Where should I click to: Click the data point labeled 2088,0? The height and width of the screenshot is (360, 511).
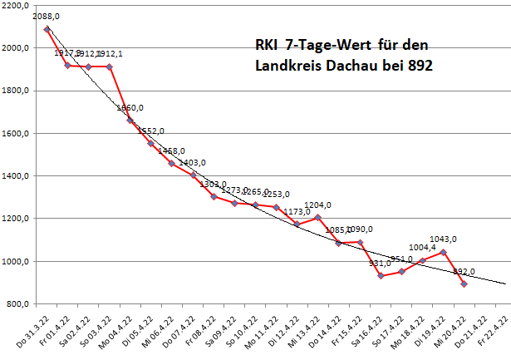[47, 29]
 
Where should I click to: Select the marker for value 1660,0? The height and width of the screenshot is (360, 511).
[130, 120]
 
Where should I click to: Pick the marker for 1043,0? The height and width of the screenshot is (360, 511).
[444, 252]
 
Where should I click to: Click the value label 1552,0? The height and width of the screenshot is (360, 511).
[150, 131]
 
